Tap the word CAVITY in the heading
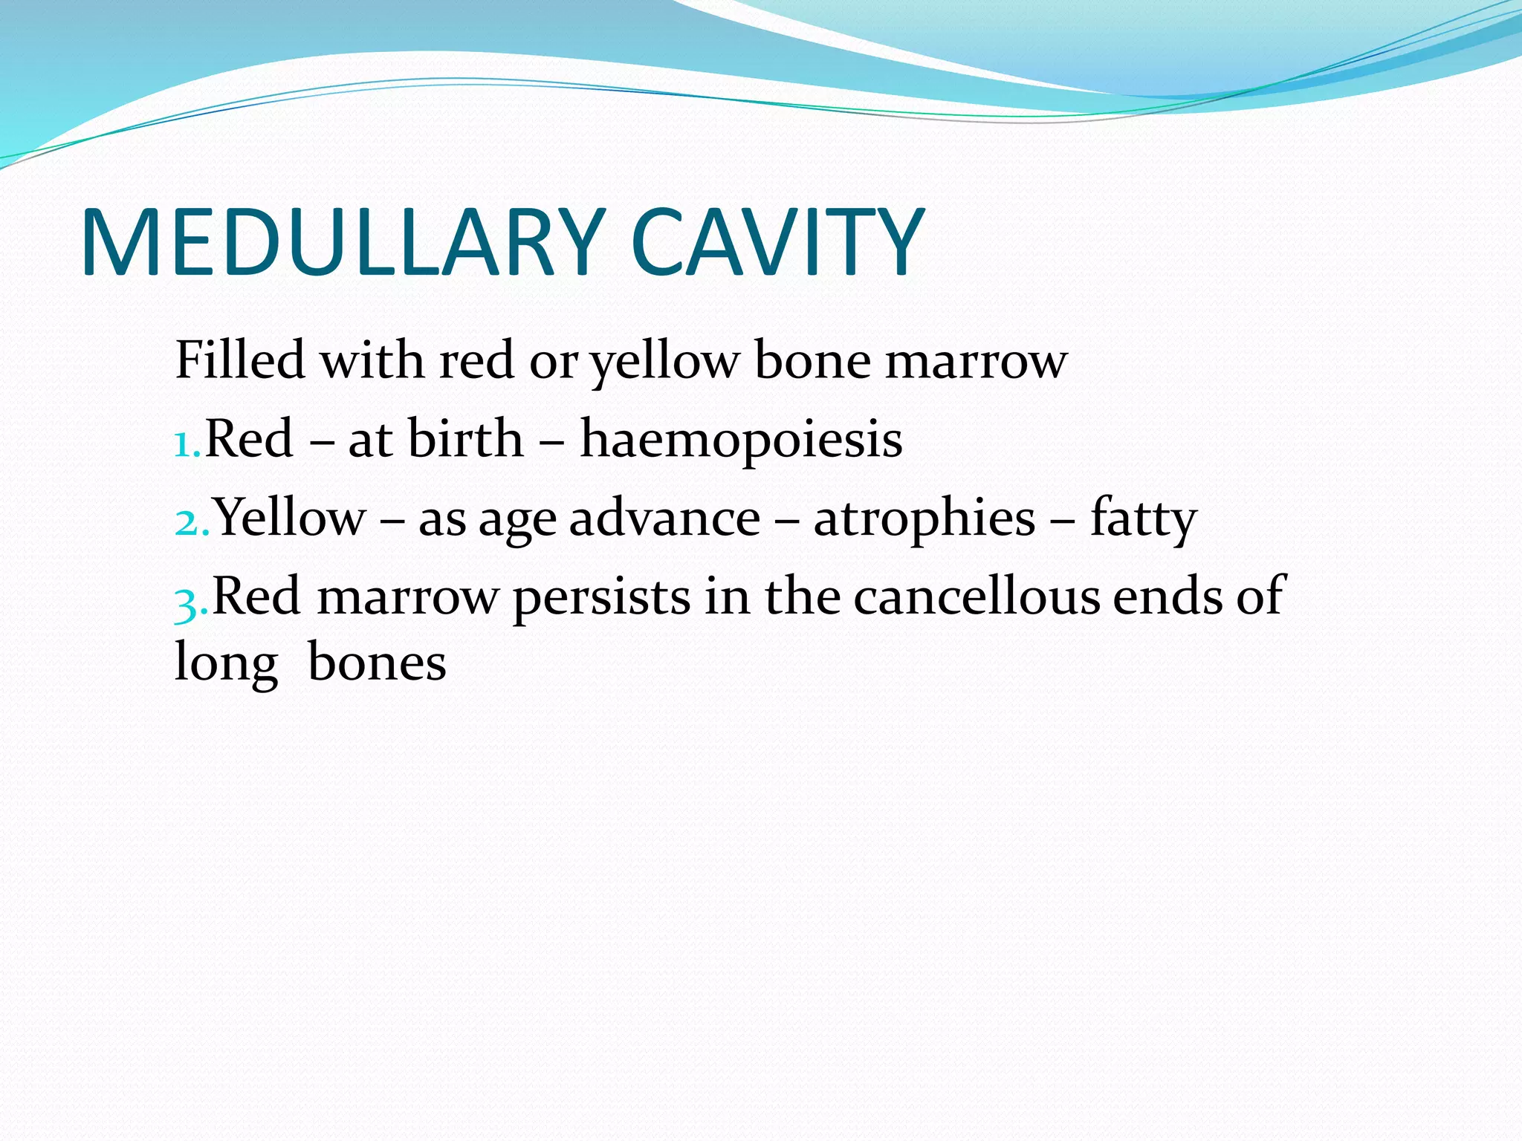pos(777,244)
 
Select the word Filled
pos(240,360)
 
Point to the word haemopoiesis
pos(741,439)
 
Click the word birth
pos(465,439)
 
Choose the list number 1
pos(186,443)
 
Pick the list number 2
pos(190,521)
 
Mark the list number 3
pos(190,600)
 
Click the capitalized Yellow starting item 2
pos(291,518)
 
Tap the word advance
pos(664,518)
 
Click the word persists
pos(601,597)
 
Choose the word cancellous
pos(976,596)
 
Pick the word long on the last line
pos(226,663)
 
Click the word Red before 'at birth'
pos(249,439)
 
